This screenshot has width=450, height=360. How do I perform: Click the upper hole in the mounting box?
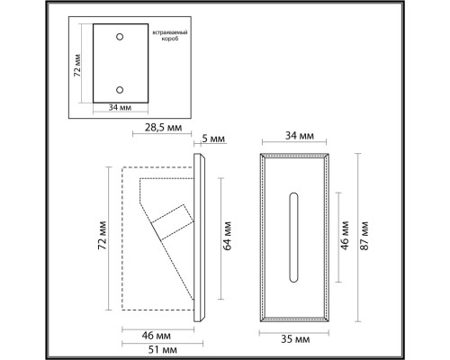tap(121, 39)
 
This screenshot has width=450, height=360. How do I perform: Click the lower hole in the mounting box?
tap(121, 89)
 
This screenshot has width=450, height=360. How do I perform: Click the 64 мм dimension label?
tap(229, 238)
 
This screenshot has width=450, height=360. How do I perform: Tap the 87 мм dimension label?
tap(364, 238)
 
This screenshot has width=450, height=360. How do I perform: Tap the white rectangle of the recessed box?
tap(121, 64)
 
